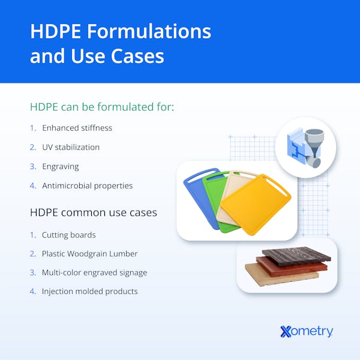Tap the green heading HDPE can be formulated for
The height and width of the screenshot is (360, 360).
coord(102,107)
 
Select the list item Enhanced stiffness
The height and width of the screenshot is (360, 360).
coord(77,128)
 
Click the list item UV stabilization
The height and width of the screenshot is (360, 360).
coord(71,147)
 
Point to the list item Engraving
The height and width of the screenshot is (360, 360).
coord(60,166)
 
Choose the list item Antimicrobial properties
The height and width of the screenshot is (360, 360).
coord(87,185)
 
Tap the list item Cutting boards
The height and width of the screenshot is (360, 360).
coord(68,235)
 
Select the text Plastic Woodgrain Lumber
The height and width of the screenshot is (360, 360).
coord(91,254)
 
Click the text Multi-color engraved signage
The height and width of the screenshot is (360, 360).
coord(94,272)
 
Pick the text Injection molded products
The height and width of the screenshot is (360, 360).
coord(89,291)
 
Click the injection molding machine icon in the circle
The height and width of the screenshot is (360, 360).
coord(305,146)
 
